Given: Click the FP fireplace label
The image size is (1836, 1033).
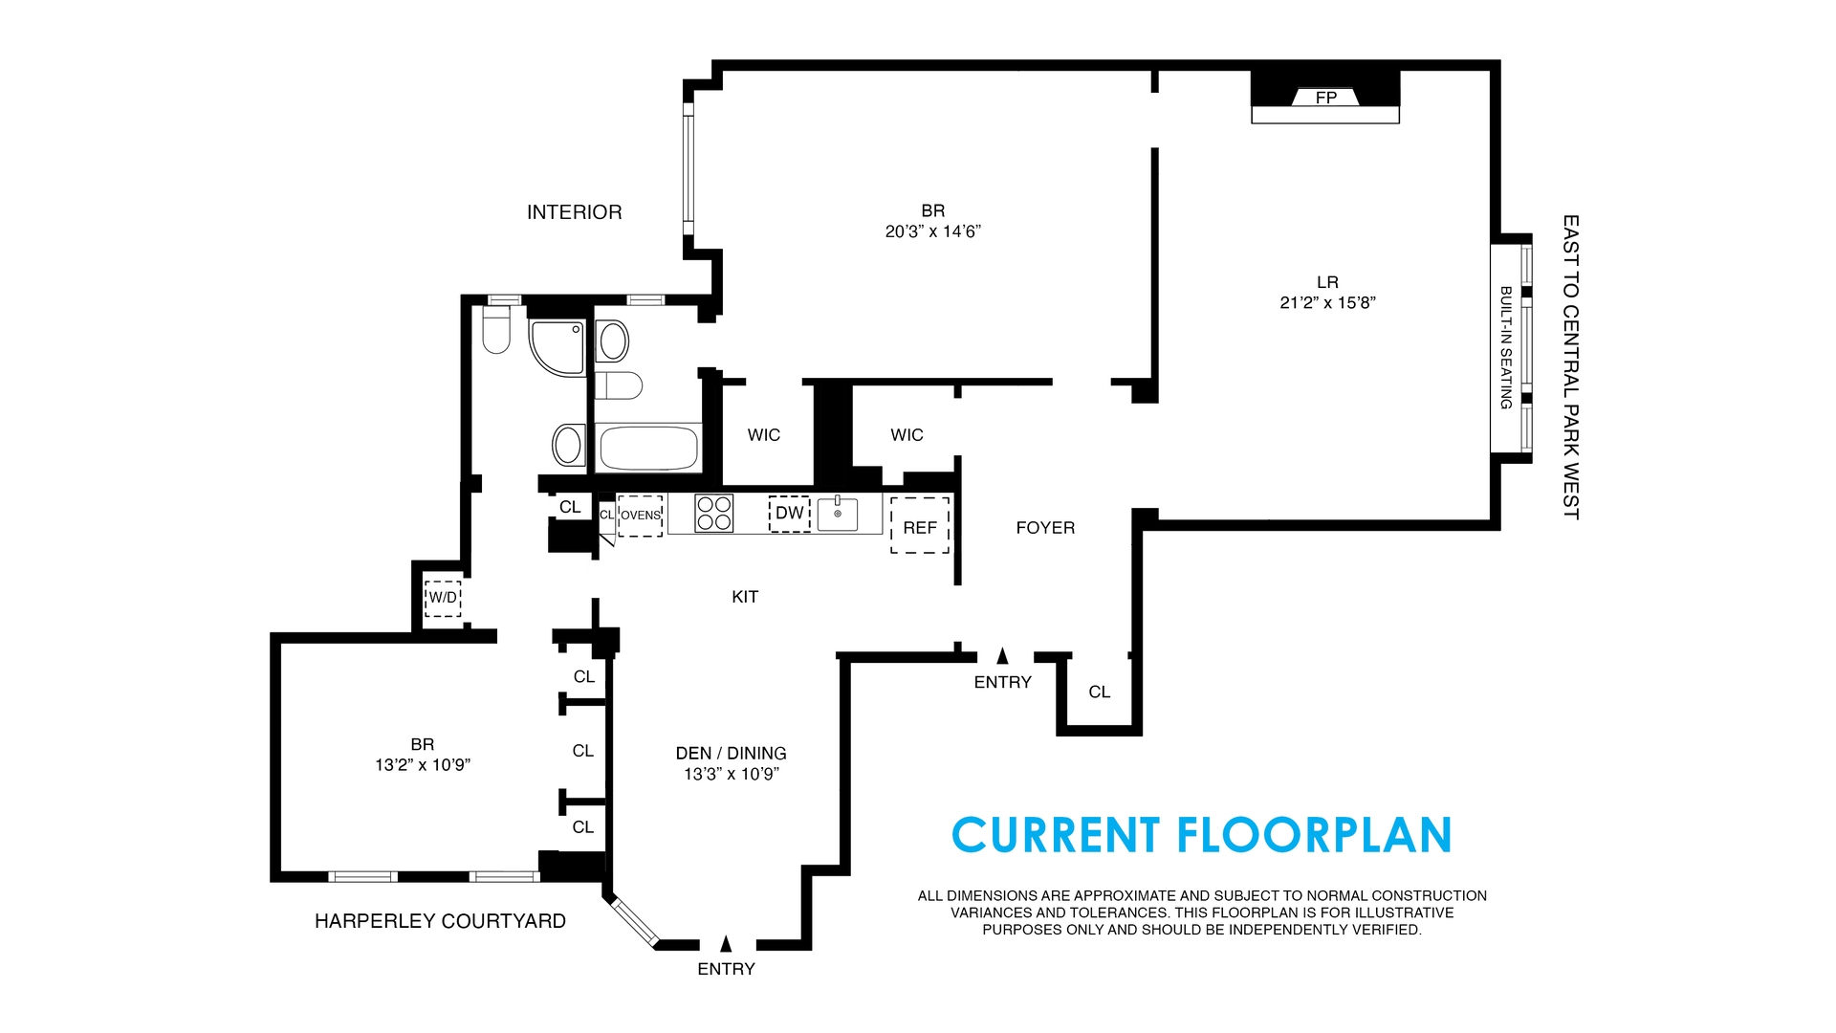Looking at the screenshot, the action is coord(1325,98).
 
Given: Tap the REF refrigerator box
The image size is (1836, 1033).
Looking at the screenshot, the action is coord(920,525).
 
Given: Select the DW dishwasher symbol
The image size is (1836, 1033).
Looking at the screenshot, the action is coord(790,514).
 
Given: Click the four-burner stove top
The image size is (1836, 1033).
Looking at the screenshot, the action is coord(713,513).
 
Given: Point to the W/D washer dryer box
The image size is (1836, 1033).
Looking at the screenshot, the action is coord(443,598).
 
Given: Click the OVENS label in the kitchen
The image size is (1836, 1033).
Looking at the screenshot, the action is coord(641,516).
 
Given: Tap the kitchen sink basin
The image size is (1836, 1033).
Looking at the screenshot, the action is coord(838,513).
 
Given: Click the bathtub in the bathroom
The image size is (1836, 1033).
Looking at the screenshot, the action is coord(648,448).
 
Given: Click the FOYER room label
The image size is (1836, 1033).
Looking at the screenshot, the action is coord(1045,528).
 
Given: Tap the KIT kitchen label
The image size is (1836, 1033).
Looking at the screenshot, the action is coord(745,597).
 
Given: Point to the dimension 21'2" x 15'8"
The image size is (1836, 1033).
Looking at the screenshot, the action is coord(1327,303).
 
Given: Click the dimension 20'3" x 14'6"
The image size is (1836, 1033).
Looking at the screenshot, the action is coord(933,231).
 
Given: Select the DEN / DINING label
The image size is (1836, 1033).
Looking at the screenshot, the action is coord(731,754).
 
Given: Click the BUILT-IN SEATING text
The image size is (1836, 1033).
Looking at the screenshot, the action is coord(1506,348).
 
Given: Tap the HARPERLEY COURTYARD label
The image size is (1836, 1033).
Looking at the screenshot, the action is coord(440,921).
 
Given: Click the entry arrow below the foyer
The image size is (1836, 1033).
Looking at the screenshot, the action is coord(1002,655).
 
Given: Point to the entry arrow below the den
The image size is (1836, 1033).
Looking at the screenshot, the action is coord(726,943).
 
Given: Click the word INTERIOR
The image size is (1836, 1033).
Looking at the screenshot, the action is coord(574,212).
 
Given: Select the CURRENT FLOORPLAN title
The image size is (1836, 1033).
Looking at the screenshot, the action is coord(1202,835).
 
